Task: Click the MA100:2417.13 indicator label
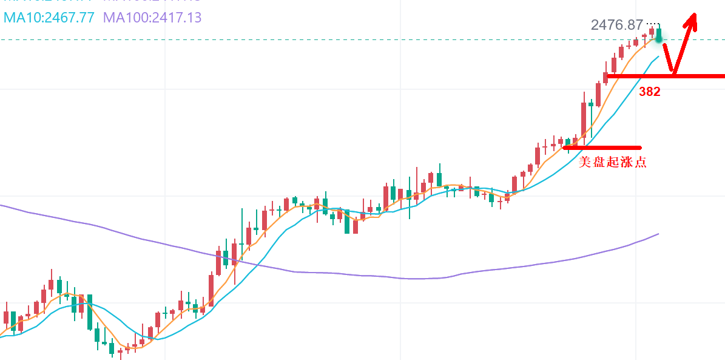tap(152, 17)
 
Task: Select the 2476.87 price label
tap(616, 25)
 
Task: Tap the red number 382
tap(649, 92)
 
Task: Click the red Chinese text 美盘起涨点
tap(613, 162)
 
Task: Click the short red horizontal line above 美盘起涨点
tap(602, 147)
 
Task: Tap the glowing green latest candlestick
tap(659, 35)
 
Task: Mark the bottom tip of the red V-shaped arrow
tap(673, 73)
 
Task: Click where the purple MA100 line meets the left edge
tap(1, 205)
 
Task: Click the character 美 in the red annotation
tap(585, 162)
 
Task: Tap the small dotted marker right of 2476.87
tap(652, 23)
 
